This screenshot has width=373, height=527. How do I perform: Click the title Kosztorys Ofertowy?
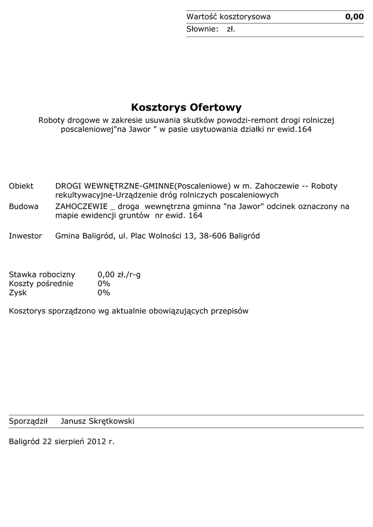tap(186, 108)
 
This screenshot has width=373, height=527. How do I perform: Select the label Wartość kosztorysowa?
tap(228, 17)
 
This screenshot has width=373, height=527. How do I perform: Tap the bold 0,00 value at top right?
tap(354, 17)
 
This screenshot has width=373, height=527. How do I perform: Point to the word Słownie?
tap(202, 29)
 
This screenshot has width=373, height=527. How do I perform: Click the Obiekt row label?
tap(21, 186)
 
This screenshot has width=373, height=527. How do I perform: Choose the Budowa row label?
tap(24, 206)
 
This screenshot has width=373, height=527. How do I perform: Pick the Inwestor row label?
tap(25, 236)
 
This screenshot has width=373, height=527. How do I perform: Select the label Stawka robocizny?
tap(42, 274)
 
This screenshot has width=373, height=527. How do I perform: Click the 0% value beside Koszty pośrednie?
tap(104, 284)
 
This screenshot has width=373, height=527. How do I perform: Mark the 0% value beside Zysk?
tap(104, 293)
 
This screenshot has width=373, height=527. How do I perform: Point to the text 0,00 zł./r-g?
tap(119, 274)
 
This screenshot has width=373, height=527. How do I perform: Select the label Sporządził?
tap(28, 421)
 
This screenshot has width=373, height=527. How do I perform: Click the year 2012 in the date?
tap(96, 442)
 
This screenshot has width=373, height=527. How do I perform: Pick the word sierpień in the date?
tap(69, 442)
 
